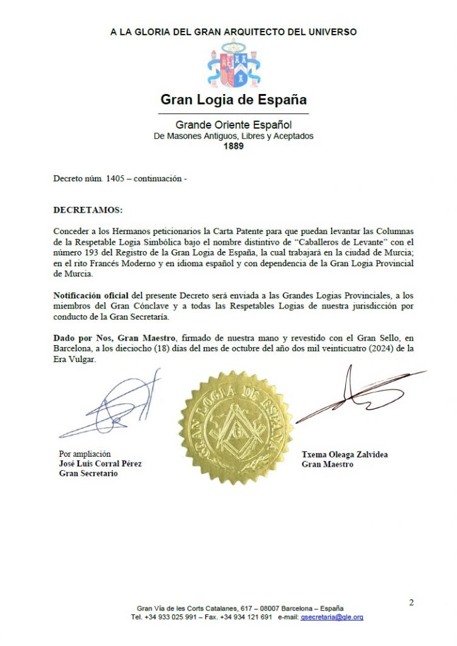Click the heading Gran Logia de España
tap(233, 99)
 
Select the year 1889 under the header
tap(234, 146)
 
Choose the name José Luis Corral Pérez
tap(100, 463)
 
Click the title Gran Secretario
tap(88, 473)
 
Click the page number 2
tap(411, 602)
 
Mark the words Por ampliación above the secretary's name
tap(85, 453)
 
